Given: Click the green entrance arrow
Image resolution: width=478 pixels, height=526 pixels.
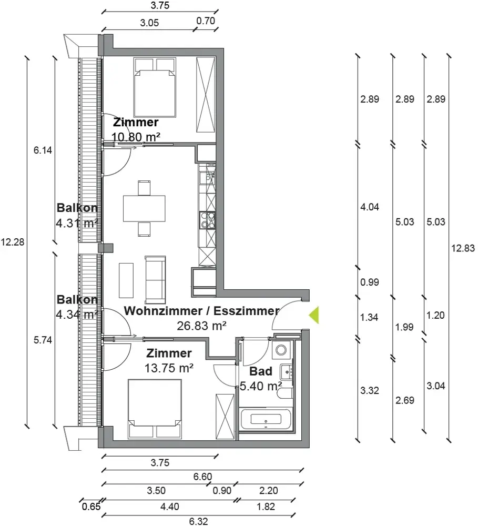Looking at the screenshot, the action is [314, 315].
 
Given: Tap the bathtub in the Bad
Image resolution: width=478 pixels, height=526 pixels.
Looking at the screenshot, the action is [266, 419].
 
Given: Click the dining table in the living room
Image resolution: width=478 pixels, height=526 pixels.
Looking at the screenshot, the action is [144, 208].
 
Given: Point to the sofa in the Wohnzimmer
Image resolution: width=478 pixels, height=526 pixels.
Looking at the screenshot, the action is [155, 279].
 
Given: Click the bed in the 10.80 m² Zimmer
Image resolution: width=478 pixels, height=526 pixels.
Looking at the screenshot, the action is [155, 87].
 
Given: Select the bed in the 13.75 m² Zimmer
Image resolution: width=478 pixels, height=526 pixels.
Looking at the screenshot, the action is [155, 409].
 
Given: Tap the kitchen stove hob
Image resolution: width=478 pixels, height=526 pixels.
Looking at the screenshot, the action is [207, 220].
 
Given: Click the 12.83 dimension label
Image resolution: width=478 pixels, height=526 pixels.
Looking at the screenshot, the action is [463, 248].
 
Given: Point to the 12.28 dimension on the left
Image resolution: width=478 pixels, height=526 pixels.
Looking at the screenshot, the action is [13, 242].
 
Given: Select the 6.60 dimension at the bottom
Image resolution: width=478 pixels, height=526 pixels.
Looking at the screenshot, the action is [202, 477].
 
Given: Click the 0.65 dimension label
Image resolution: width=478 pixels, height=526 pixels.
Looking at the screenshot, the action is [91, 506].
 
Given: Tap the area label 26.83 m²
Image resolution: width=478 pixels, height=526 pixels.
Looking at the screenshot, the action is [201, 326].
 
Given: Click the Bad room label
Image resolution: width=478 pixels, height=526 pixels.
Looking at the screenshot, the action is [261, 371].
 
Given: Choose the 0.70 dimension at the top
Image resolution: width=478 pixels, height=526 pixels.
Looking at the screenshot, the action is [206, 21].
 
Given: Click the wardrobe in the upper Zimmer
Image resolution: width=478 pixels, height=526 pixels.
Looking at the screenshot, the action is [205, 95].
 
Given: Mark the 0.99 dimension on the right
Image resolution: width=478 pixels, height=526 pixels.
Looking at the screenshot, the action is [370, 282].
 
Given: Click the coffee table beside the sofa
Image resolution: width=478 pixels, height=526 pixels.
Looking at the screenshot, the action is [126, 280].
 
